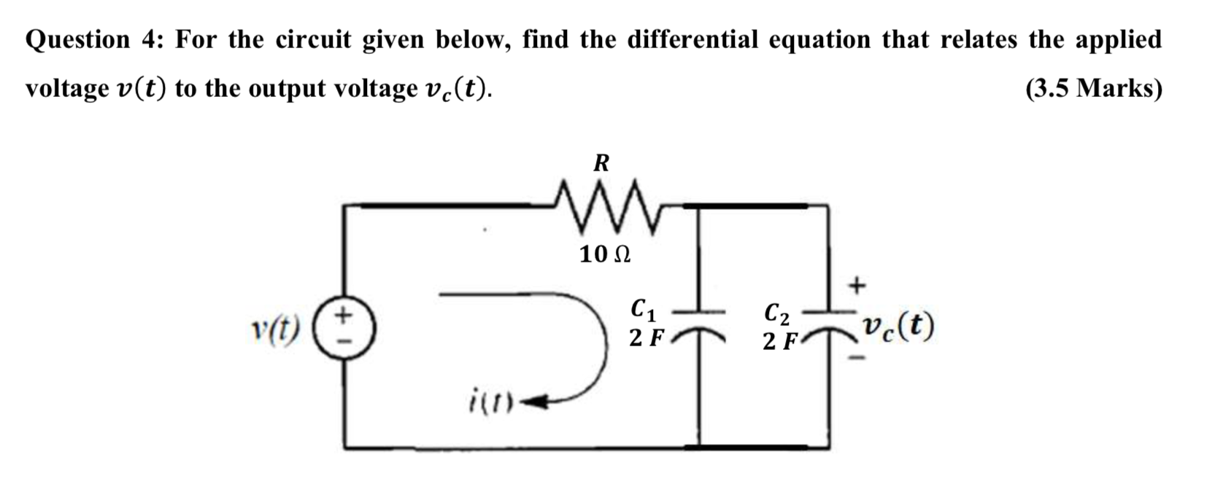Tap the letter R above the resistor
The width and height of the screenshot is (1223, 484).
tap(601, 163)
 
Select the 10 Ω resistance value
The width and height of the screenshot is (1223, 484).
tap(605, 254)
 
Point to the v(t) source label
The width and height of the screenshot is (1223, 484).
tap(275, 329)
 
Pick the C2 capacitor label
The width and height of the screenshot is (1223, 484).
tap(776, 313)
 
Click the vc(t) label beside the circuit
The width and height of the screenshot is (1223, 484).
tap(897, 329)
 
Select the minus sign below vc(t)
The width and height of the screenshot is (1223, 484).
tap(859, 358)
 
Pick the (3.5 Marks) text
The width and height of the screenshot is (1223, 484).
tap(1093, 88)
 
